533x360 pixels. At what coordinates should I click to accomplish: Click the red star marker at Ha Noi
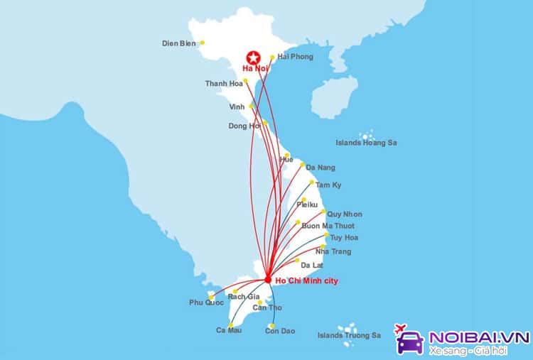pos(252,58)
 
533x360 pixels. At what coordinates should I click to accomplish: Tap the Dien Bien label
pos(179,43)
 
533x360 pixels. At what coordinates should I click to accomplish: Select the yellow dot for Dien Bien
pos(202,43)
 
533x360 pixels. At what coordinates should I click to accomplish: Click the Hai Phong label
pos(294,56)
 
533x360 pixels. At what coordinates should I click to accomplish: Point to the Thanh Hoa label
pos(224,84)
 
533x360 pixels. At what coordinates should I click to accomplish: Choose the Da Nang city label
pos(321,168)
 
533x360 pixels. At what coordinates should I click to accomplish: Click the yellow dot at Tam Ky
pos(308,183)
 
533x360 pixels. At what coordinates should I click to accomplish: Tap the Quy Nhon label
pos(345,214)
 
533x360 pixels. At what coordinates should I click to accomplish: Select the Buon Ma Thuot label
pos(328,226)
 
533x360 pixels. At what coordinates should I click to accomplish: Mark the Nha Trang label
pos(333,251)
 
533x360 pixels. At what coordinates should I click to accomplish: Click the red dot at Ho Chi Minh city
pos(267,279)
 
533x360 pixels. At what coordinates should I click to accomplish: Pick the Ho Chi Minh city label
pos(308,281)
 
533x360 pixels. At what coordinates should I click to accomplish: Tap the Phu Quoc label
pos(206,302)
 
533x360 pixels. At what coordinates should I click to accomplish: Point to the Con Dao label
pos(280,331)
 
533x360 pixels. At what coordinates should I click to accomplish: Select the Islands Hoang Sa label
pos(367,143)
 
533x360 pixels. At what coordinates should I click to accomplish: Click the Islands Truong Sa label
pos(344,335)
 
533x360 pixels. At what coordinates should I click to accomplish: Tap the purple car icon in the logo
pos(410,340)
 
